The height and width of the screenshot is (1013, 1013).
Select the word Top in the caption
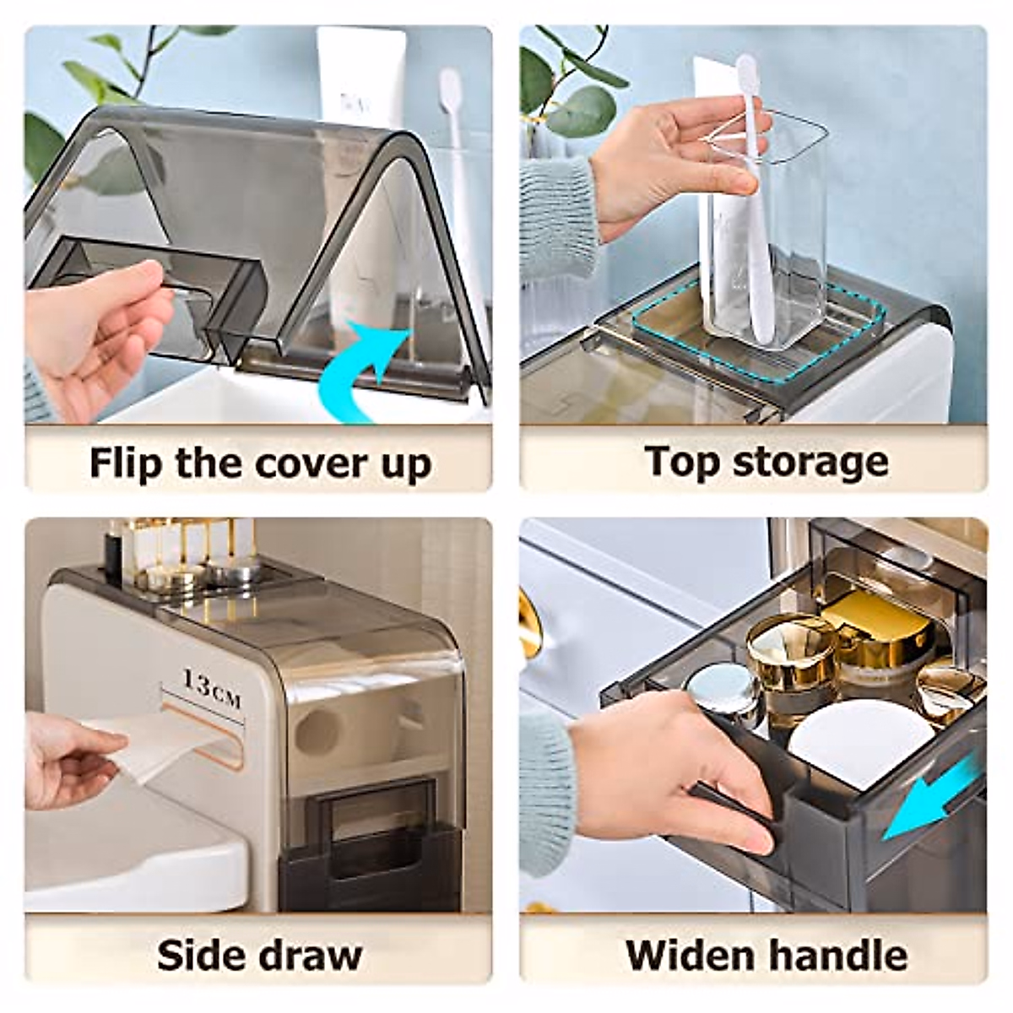tap(680, 462)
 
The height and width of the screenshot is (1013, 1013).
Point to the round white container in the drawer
tap(861, 743)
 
